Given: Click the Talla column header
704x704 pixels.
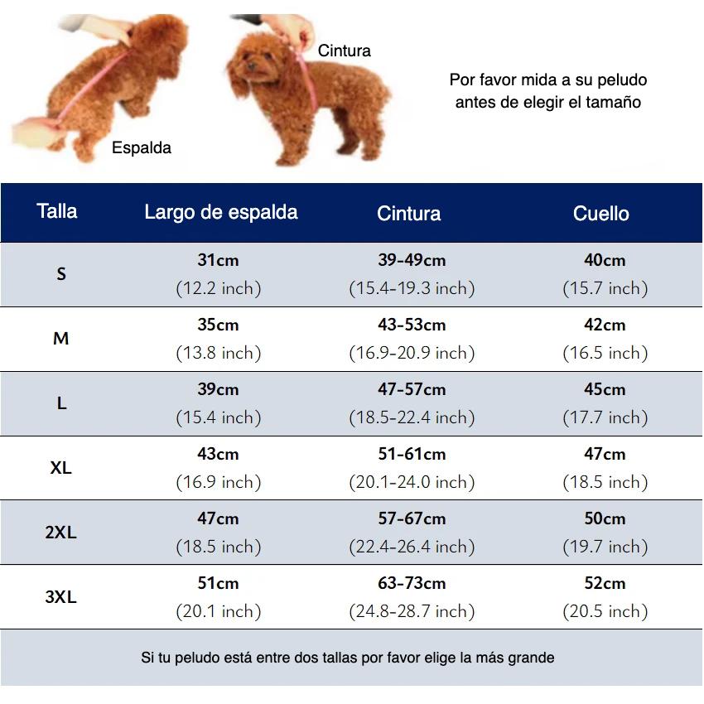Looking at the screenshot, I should pyautogui.click(x=57, y=211).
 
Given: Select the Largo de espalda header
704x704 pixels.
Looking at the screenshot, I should pyautogui.click(x=220, y=212).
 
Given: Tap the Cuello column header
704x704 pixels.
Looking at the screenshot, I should pyautogui.click(x=601, y=214).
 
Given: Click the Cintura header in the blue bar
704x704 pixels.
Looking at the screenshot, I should pyautogui.click(x=408, y=214).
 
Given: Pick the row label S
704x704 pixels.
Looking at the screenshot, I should pyautogui.click(x=61, y=273).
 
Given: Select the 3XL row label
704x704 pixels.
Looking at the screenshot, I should pyautogui.click(x=60, y=597).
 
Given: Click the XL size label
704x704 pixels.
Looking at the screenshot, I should pyautogui.click(x=60, y=468).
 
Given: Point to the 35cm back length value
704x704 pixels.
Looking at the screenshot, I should pyautogui.click(x=218, y=325).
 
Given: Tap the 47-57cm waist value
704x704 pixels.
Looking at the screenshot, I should pyautogui.click(x=412, y=389).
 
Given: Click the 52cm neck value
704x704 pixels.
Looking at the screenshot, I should pyautogui.click(x=605, y=583).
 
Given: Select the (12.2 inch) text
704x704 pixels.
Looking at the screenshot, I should pyautogui.click(x=218, y=288).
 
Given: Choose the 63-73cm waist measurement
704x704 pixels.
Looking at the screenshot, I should pyautogui.click(x=412, y=583).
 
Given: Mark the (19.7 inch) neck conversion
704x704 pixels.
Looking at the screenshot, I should pyautogui.click(x=605, y=547).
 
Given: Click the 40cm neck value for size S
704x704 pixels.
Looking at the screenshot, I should pyautogui.click(x=605, y=260).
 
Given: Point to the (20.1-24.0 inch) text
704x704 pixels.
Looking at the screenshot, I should pyautogui.click(x=412, y=482).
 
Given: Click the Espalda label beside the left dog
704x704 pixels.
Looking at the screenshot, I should pyautogui.click(x=142, y=148).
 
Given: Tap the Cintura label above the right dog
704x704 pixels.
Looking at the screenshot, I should pyautogui.click(x=345, y=51).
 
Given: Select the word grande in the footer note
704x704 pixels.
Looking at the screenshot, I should pyautogui.click(x=530, y=658).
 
